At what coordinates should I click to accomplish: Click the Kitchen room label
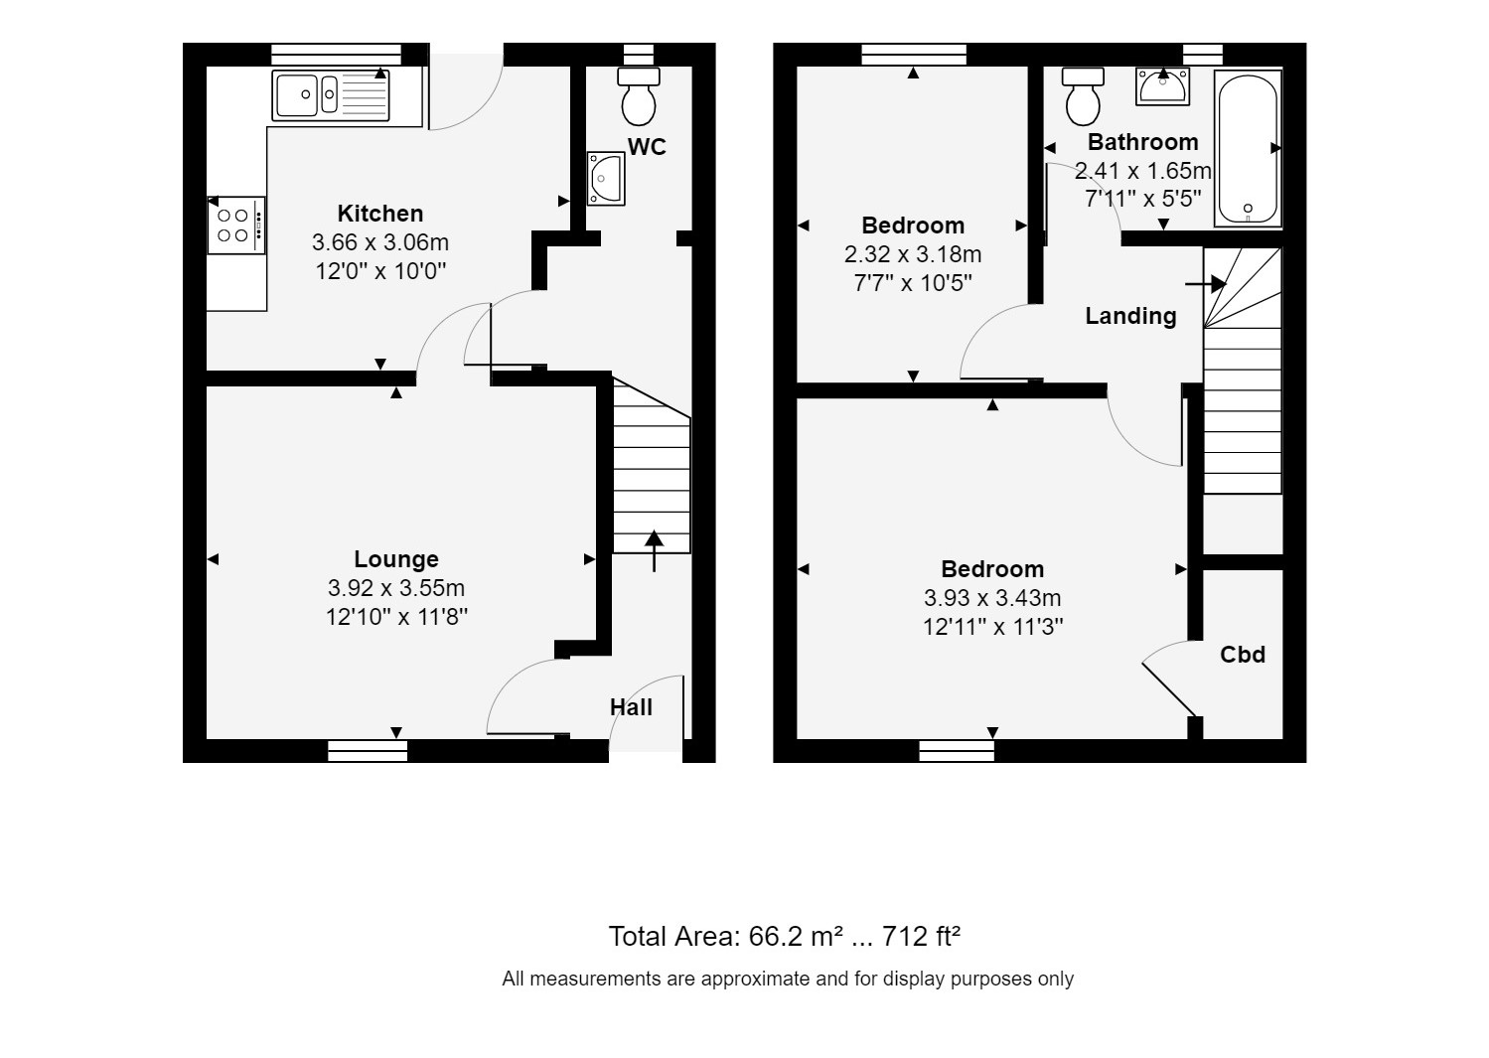tap(379, 214)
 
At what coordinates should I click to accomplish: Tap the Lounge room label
tap(396, 559)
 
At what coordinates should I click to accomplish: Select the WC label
tap(647, 147)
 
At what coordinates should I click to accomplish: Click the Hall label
tap(631, 707)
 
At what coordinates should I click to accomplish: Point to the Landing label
tap(1130, 316)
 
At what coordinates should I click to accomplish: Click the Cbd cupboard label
tap(1243, 655)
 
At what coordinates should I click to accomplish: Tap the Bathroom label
tap(1142, 141)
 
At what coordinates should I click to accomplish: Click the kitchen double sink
tap(332, 95)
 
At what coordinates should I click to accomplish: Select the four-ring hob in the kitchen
tap(236, 226)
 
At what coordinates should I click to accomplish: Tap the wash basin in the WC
tap(605, 179)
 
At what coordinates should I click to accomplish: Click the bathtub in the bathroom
tap(1248, 149)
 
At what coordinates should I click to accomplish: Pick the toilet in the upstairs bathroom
tap(1083, 93)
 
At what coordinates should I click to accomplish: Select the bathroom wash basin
tap(1163, 86)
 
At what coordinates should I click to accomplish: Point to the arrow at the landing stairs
tap(1206, 284)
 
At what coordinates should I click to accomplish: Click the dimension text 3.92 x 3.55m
tap(396, 588)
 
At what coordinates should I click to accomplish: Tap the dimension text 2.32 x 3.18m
tap(912, 254)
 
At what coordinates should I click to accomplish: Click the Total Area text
tap(784, 937)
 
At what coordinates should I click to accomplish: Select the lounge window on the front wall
tap(368, 751)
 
